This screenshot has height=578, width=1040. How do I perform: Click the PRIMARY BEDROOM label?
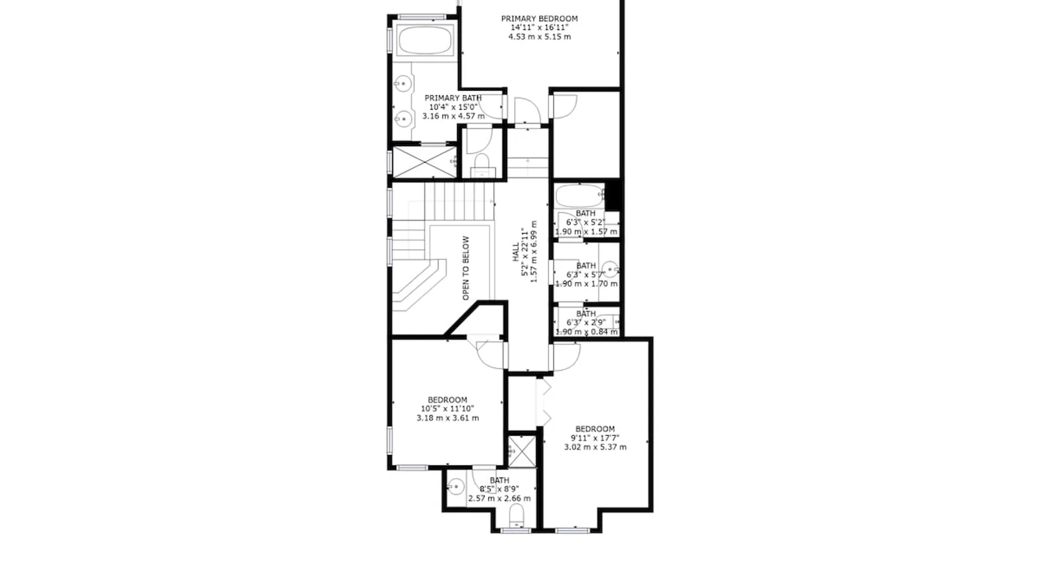(x=539, y=18)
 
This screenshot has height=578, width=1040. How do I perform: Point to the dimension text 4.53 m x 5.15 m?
(x=540, y=36)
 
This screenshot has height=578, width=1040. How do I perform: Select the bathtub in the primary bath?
(x=425, y=40)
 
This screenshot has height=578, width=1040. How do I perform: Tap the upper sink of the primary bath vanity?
(x=403, y=84)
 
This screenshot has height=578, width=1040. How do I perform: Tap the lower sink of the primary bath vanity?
(x=403, y=119)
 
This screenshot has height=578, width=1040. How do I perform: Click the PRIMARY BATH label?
(x=453, y=98)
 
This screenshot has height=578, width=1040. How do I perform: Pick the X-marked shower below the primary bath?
(x=424, y=162)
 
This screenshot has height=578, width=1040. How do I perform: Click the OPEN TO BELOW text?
(x=466, y=268)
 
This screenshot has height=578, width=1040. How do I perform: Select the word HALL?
(x=515, y=252)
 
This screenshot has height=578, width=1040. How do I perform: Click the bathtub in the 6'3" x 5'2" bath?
(x=580, y=196)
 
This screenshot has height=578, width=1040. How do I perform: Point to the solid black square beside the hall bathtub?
(x=612, y=196)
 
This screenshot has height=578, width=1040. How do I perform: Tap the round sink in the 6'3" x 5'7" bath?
(x=610, y=269)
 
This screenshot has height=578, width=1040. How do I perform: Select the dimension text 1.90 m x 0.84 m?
(x=586, y=332)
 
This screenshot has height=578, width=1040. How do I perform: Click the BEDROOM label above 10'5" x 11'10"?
(x=447, y=400)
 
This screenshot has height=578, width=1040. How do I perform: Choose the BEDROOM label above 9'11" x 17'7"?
(x=595, y=429)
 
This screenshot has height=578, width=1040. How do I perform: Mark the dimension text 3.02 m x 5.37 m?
(x=595, y=447)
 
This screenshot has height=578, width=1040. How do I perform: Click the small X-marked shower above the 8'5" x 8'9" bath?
(x=522, y=451)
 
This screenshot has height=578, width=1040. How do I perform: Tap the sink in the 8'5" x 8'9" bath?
(x=456, y=487)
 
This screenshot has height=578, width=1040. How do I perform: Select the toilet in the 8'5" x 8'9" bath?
(x=515, y=516)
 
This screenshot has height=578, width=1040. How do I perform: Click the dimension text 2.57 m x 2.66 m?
(x=499, y=498)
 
